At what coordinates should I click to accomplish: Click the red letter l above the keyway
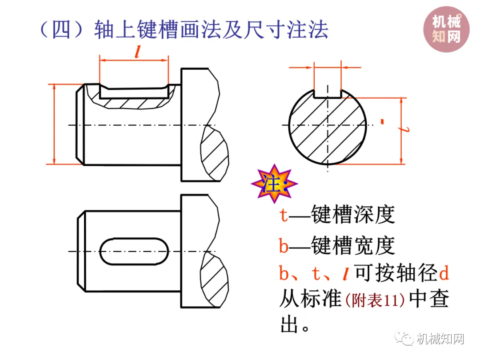pyautogui.click(x=137, y=53)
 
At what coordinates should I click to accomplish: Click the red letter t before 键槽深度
pyautogui.click(x=284, y=216)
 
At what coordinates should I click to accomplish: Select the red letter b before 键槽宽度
pyautogui.click(x=284, y=245)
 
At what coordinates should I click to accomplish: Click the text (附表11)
pyautogui.click(x=375, y=300)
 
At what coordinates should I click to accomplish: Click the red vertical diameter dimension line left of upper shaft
pyautogui.click(x=54, y=124)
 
